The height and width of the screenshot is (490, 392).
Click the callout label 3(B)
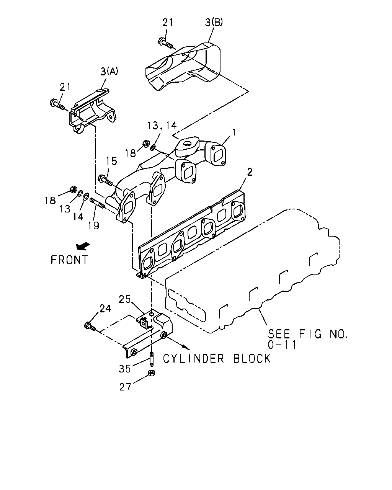214,22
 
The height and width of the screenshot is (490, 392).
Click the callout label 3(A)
109,72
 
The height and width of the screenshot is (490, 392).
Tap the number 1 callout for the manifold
234,132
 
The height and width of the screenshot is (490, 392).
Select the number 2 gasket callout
250,172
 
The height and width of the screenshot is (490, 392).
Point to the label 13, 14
162,126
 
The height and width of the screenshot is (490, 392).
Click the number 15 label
111,161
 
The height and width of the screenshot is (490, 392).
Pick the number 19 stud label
94,225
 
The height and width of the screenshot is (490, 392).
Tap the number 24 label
105,309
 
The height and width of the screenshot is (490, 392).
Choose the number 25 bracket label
124,299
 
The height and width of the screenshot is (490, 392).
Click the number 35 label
125,369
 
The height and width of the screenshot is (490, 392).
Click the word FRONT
69,260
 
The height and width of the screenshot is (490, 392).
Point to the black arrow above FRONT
83,246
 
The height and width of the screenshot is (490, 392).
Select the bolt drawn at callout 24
90,326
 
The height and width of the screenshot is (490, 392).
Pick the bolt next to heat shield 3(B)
166,44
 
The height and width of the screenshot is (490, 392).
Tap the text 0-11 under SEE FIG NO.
282,345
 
